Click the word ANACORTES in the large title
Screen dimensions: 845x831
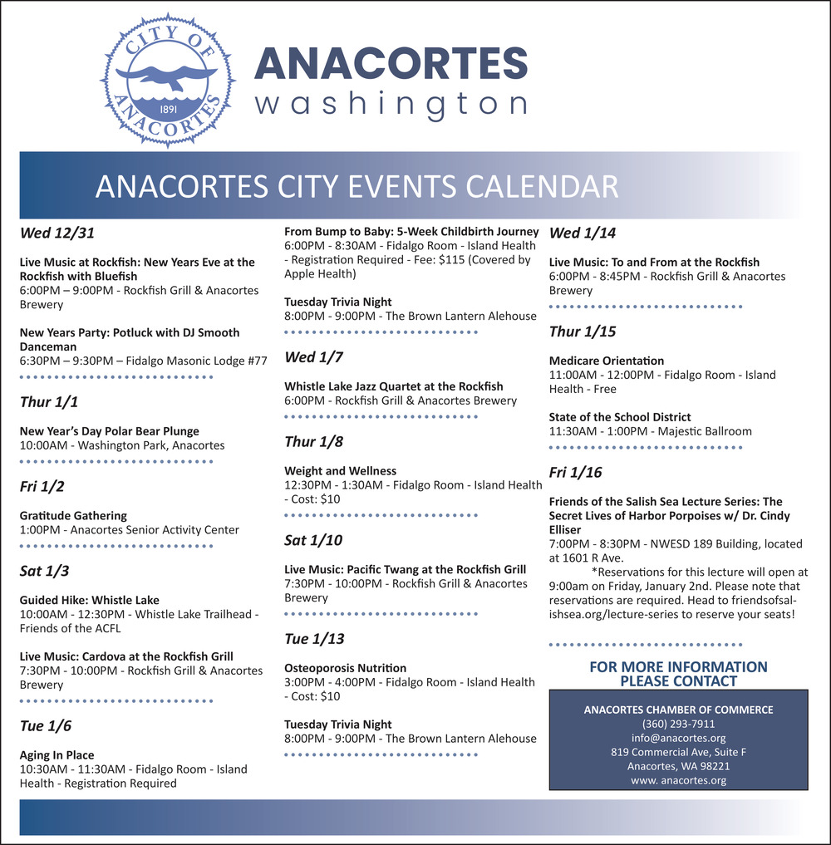click(391, 66)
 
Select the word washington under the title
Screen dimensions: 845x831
click(391, 105)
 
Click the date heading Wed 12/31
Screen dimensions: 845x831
click(51, 233)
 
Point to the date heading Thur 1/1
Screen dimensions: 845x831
click(49, 402)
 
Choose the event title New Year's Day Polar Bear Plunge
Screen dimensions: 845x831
click(110, 431)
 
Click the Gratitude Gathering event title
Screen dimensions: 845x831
click(73, 515)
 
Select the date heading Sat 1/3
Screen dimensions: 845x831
click(46, 571)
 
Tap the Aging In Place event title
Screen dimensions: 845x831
click(57, 755)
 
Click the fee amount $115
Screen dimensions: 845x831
click(475, 260)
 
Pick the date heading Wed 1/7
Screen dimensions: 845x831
click(314, 357)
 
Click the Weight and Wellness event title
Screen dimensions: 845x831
click(341, 471)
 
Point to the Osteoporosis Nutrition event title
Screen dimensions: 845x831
click(346, 668)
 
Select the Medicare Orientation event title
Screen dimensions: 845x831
click(607, 361)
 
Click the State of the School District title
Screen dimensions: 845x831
click(620, 417)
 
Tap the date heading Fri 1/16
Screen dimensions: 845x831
click(576, 473)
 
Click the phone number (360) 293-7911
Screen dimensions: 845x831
click(678, 724)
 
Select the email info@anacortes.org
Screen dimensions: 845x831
click(678, 738)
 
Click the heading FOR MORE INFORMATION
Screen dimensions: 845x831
click(678, 667)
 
